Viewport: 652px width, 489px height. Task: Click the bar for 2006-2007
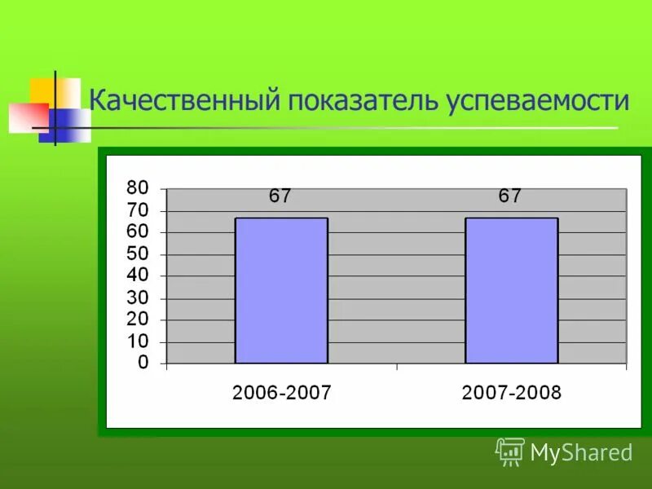(281, 290)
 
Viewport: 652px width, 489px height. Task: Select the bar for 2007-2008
(512, 290)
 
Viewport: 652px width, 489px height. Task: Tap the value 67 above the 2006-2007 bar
(280, 196)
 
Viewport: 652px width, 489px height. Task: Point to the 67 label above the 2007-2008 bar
(510, 196)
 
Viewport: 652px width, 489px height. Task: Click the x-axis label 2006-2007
(282, 393)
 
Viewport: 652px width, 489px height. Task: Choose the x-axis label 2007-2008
(512, 393)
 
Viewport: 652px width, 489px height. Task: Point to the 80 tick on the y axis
(138, 188)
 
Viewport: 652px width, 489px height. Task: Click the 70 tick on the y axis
(138, 210)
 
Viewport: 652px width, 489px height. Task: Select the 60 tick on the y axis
(138, 232)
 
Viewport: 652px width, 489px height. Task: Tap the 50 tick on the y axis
(138, 254)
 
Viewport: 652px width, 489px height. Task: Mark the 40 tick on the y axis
(138, 276)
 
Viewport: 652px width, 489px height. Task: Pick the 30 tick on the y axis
(138, 298)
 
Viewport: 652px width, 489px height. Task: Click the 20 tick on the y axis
(138, 320)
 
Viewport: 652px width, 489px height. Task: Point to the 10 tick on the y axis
(138, 342)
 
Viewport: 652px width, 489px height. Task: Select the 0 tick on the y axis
(143, 363)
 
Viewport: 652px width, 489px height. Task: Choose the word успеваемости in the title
(538, 102)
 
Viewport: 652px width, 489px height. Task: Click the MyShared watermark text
(581, 452)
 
